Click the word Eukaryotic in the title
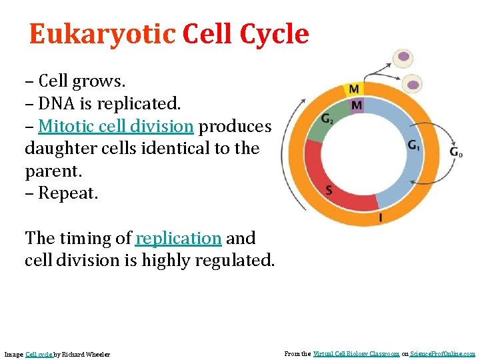click(x=101, y=34)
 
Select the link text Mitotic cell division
click(x=116, y=126)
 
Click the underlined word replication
click(x=178, y=238)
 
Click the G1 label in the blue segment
click(x=414, y=145)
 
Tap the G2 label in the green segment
click(x=327, y=119)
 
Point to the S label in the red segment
click(x=329, y=191)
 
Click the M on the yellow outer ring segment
click(x=353, y=89)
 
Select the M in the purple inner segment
click(x=357, y=105)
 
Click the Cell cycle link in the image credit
click(x=39, y=354)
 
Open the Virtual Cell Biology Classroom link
click(x=356, y=354)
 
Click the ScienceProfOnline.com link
click(x=443, y=354)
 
